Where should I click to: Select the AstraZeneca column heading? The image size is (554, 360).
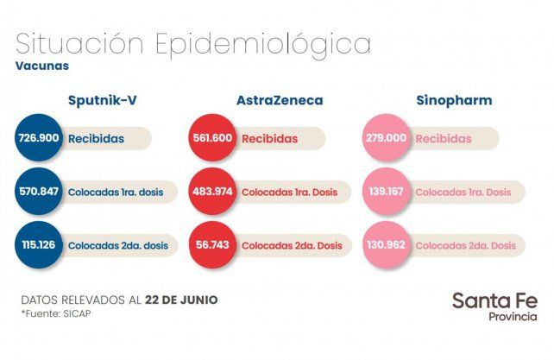tap(280, 101)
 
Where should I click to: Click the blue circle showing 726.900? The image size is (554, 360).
tap(39, 138)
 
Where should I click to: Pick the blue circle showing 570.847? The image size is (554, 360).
tap(39, 192)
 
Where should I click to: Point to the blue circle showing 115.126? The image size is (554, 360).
tap(39, 245)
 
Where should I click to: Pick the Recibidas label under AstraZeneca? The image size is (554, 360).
tap(269, 138)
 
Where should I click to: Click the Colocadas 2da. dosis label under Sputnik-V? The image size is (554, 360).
tap(118, 245)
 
